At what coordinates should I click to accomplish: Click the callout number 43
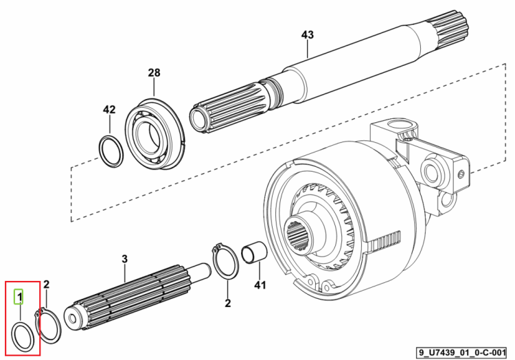(308, 35)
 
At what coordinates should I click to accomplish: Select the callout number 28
(154, 72)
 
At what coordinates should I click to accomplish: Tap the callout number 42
(109, 109)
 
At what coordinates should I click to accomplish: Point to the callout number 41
(260, 285)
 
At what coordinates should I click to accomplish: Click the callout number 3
(124, 259)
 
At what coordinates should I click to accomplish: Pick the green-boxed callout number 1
(19, 297)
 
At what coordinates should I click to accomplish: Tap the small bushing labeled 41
(254, 253)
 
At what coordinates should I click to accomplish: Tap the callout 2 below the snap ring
(227, 303)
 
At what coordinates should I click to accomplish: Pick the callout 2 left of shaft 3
(46, 284)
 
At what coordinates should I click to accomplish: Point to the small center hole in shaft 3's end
(73, 318)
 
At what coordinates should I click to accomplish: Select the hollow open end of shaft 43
(197, 118)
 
